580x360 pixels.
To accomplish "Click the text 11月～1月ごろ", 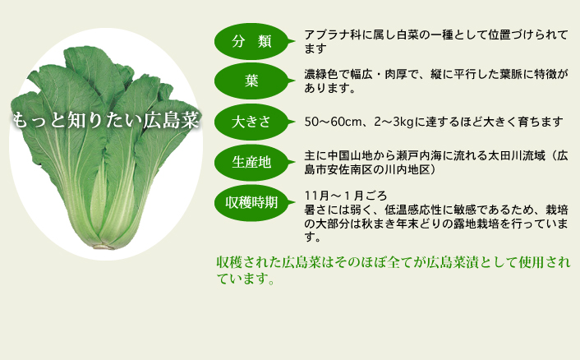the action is (346, 196).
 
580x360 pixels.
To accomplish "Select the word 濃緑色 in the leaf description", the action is (321, 74).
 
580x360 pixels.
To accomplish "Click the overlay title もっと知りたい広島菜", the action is (106, 120).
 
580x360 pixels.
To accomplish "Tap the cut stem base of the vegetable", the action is (104, 246).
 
